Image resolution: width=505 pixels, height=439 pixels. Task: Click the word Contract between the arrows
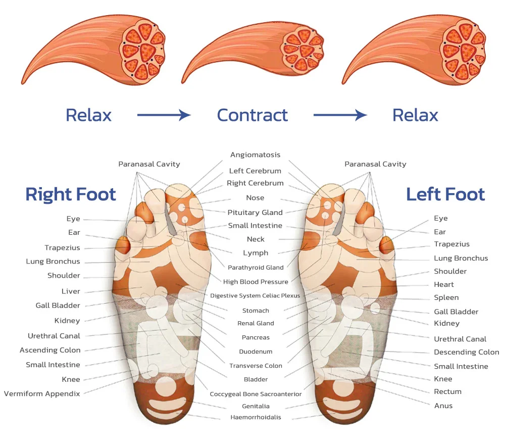point(252,115)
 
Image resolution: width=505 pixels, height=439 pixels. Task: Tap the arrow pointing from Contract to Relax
point(340,115)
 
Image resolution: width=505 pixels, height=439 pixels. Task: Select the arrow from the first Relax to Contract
point(164,115)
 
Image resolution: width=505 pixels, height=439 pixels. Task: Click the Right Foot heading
point(71,194)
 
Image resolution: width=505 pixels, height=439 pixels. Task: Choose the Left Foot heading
point(445,194)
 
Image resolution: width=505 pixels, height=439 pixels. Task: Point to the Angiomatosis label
point(255,155)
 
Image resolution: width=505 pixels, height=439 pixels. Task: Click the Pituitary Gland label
point(255,212)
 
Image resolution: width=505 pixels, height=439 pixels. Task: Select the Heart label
point(444,284)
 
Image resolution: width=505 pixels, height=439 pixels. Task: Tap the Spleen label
point(446,297)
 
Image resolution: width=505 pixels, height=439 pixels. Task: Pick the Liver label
point(71,291)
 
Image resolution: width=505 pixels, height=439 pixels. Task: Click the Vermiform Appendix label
point(42,393)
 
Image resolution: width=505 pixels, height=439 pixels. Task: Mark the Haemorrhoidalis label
point(256,417)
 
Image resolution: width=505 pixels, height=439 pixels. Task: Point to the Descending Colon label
point(466,352)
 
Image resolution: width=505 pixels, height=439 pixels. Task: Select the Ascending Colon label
point(50,350)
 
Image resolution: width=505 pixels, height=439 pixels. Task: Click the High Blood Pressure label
point(256,282)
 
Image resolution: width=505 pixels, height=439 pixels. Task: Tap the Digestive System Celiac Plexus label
point(255,295)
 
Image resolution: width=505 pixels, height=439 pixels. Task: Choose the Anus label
point(443,406)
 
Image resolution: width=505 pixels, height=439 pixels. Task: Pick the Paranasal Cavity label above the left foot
point(375,164)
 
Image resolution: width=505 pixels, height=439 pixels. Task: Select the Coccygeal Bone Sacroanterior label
point(256,394)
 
